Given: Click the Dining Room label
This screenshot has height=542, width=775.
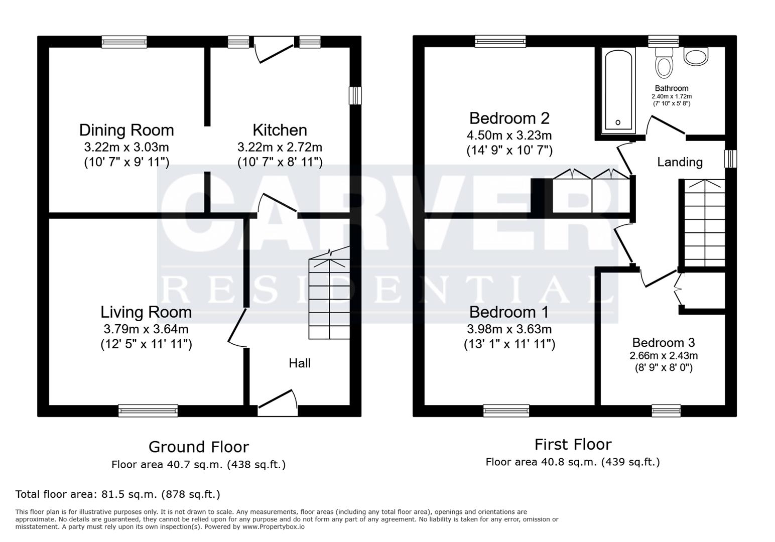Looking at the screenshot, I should tap(126, 130).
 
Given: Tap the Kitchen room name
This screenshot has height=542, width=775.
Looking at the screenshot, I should tap(280, 130).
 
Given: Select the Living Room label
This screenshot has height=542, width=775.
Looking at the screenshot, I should tap(146, 312).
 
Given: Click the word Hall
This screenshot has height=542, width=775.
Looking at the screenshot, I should tap(300, 363).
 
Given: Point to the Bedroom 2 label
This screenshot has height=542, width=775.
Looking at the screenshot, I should tap(509, 118).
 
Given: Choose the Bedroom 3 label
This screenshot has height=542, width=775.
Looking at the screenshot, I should tap(663, 343).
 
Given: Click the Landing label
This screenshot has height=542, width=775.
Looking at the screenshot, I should tap(680, 162).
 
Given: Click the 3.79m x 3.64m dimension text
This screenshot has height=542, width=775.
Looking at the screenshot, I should tap(146, 329).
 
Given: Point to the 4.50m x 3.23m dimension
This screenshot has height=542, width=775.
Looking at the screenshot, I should tap(509, 135).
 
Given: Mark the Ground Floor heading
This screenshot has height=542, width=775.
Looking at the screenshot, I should tap(198, 447).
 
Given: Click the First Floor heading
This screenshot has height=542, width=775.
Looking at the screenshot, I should tap(573, 445).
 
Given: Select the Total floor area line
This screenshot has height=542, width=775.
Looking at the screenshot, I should tap(118, 494).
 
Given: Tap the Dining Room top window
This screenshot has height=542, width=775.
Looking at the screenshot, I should tap(124, 42).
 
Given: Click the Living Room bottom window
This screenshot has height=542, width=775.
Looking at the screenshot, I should tap(148, 411).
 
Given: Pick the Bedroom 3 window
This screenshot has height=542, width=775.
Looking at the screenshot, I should tap(666, 411).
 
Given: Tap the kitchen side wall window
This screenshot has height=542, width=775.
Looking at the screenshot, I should tap(355, 95).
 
